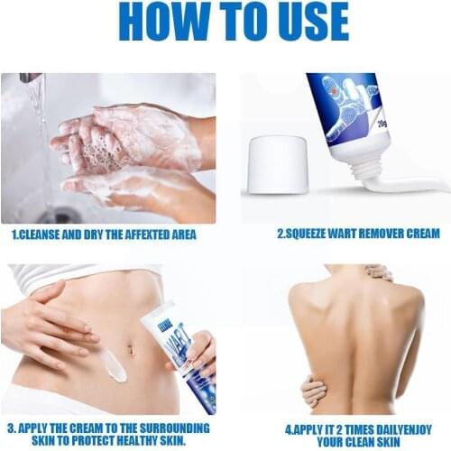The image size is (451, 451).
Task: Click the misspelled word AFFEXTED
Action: [x=148, y=235]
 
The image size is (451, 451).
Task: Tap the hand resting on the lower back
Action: [x=313, y=391]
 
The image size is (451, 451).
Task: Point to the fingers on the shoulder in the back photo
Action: [x=379, y=272]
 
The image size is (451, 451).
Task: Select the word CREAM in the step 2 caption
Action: [x=419, y=235]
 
